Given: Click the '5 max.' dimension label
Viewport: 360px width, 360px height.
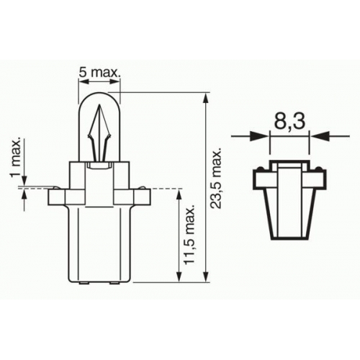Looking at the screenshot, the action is (99, 72).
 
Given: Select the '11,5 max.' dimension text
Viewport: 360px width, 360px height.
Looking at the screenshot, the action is (189, 235).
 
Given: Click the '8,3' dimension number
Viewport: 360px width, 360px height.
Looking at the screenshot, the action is (289, 121).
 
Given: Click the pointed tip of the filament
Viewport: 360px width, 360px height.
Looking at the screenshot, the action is (99, 104).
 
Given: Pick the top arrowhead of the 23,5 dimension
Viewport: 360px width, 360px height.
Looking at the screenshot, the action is (206, 98).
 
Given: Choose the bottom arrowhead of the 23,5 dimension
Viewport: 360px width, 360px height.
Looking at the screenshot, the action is (206, 276).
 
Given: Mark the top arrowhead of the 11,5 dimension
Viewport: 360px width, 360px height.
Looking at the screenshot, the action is (179, 195).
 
